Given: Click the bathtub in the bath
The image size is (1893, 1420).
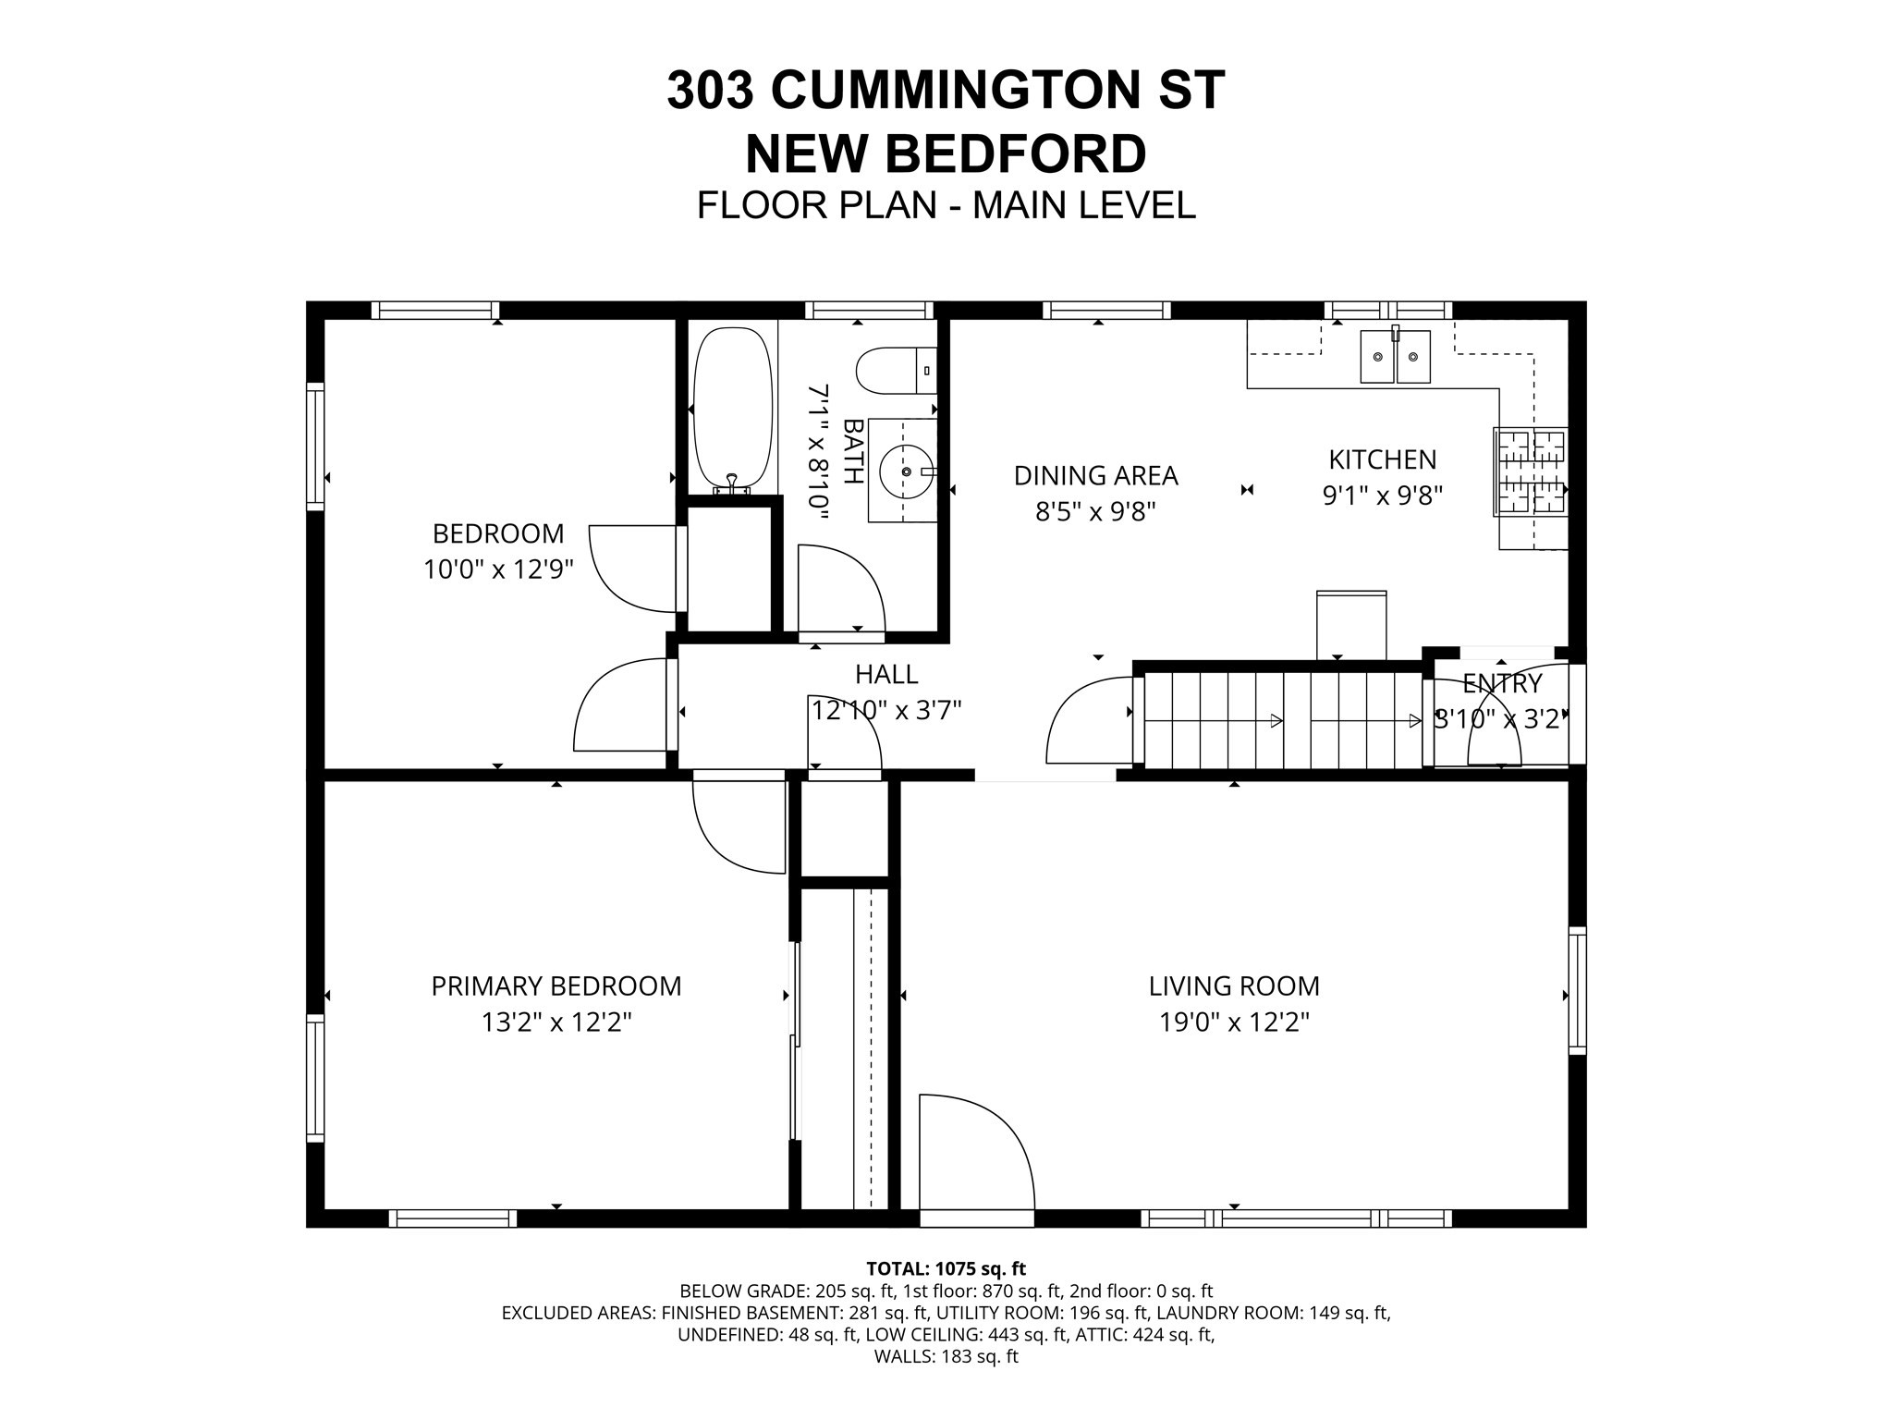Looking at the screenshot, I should (x=732, y=408).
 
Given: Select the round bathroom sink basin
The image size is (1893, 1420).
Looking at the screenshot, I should (x=905, y=471).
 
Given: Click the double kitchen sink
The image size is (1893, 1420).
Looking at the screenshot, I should (x=1395, y=357).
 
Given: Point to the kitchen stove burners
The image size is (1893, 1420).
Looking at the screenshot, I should (x=1531, y=472).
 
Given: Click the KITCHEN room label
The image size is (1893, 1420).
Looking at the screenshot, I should (x=1382, y=459).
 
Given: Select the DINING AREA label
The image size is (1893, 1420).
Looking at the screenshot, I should (x=1095, y=475).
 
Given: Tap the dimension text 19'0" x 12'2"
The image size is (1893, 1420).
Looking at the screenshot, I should (x=1234, y=1022).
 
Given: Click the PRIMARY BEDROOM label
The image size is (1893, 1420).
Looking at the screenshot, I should (x=556, y=986).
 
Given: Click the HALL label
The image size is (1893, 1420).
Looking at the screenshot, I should (x=886, y=674).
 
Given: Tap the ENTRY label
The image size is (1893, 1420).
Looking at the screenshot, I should (x=1502, y=684).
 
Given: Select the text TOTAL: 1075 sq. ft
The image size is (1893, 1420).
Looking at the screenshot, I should (x=946, y=1268).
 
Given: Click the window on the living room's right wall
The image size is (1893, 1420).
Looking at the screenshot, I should (x=1577, y=990).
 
